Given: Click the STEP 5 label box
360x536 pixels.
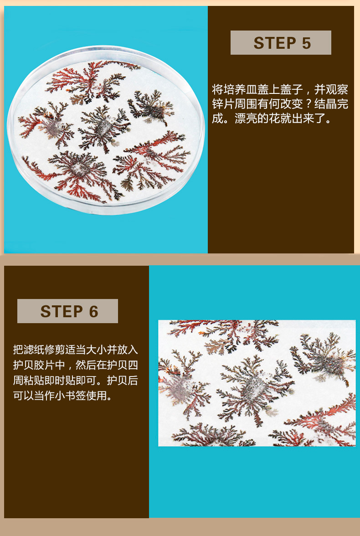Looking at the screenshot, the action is click(x=281, y=43).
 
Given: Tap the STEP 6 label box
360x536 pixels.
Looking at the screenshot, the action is click(x=68, y=311).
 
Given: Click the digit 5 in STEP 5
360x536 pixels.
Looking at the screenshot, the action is click(x=306, y=43).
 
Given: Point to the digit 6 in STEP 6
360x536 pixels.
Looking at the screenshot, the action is click(x=93, y=311).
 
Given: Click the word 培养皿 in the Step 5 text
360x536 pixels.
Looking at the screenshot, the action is click(x=240, y=89).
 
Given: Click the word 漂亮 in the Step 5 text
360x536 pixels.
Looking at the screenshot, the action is click(x=246, y=119).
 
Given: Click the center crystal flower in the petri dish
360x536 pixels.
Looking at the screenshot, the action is click(x=103, y=128).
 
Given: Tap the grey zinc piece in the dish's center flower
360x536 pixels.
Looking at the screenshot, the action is click(x=102, y=128).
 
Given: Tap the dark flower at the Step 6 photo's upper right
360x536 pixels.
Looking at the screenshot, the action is click(x=323, y=360).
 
